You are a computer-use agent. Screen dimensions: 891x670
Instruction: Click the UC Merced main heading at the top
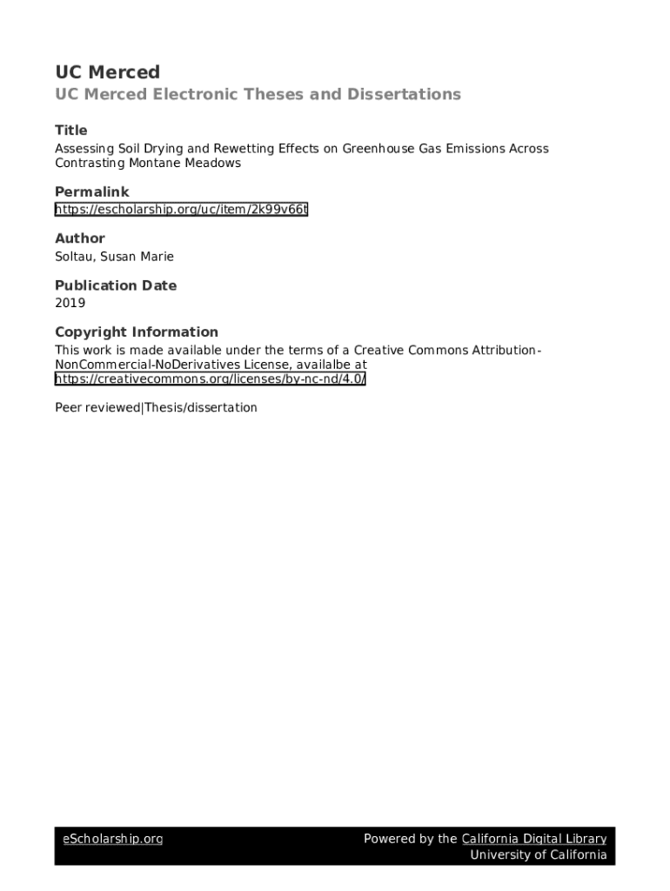[107, 72]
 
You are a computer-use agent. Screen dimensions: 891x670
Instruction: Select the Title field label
[71, 130]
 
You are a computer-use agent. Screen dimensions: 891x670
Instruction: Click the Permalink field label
[91, 191]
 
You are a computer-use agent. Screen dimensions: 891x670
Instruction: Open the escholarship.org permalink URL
[181, 210]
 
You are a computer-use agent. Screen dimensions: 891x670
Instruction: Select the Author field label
[80, 238]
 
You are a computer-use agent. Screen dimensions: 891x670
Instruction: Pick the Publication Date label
[116, 285]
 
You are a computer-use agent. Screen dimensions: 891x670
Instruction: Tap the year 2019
[70, 304]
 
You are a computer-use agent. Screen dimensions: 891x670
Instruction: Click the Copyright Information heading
[137, 332]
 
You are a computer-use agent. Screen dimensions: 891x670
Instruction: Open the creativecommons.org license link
[210, 379]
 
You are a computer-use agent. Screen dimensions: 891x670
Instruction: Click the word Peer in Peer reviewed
[69, 407]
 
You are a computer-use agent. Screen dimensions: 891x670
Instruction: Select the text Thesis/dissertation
[201, 407]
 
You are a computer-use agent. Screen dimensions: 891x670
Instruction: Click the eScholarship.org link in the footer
[112, 839]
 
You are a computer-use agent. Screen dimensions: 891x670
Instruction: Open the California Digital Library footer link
[533, 839]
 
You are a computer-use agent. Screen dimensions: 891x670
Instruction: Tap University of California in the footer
[539, 854]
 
